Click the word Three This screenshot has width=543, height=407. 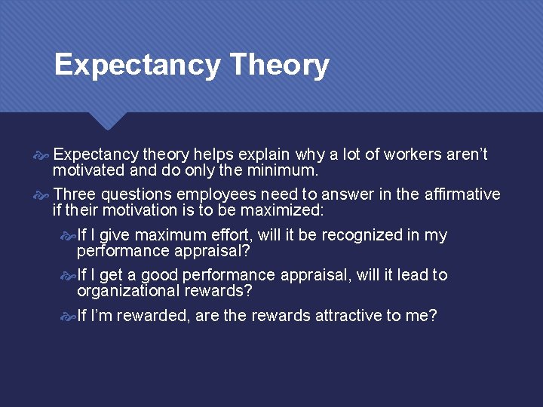(75, 194)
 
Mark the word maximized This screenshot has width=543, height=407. (284, 210)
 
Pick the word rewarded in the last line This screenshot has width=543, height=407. (152, 316)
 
